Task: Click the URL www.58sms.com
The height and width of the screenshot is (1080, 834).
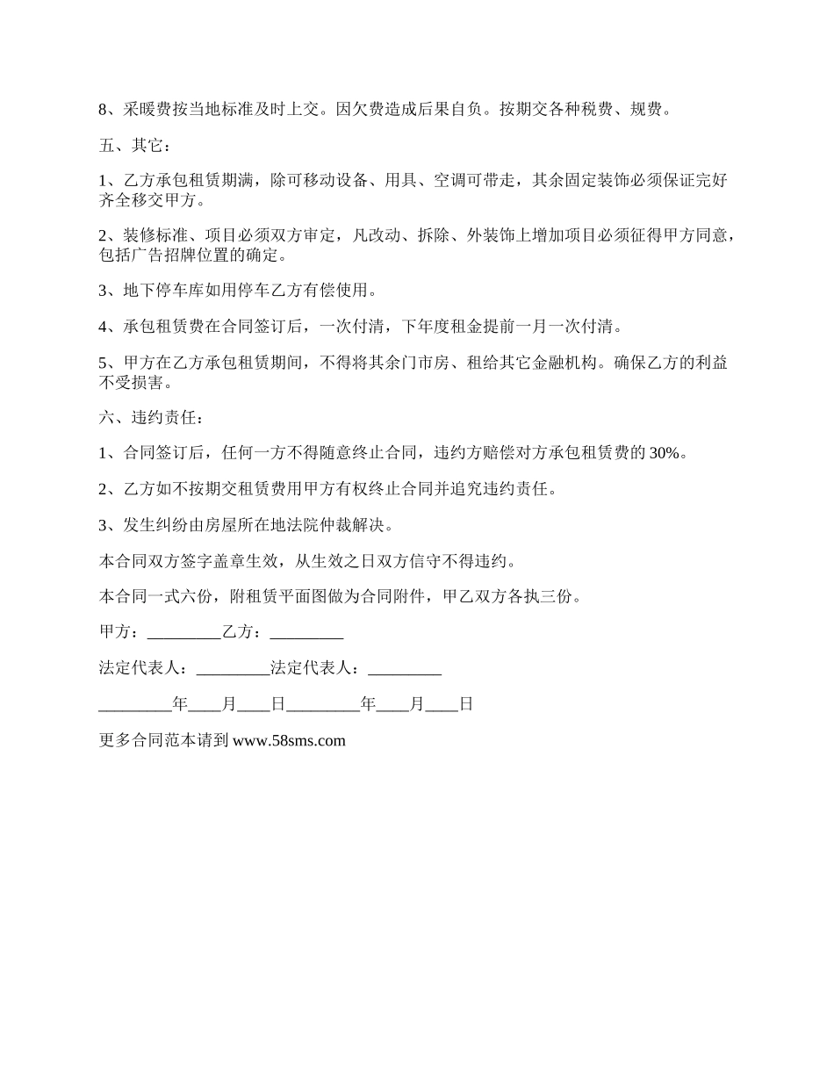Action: [x=289, y=740]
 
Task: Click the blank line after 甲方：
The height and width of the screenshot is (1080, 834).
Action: [x=183, y=632]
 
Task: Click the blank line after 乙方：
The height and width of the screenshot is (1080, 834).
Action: [x=306, y=632]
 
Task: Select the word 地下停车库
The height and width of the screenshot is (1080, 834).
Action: [x=161, y=291]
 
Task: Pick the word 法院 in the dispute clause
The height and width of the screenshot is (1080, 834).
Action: [x=307, y=525]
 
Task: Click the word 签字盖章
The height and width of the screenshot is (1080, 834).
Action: [x=220, y=561]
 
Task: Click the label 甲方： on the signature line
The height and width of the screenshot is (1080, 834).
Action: [x=119, y=632]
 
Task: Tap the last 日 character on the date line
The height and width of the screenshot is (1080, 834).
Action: [x=466, y=704]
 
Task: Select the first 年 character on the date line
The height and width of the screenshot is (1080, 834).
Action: [x=181, y=704]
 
